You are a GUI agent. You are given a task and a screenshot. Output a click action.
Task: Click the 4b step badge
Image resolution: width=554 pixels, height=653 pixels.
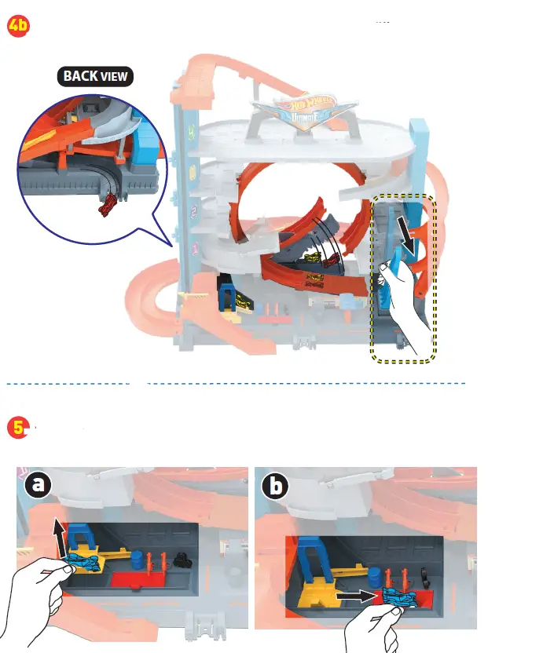[17, 25]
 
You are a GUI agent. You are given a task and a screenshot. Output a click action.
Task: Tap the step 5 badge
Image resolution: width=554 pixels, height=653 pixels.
[17, 427]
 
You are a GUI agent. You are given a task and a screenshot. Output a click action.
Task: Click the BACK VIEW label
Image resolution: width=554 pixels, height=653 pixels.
[95, 76]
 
